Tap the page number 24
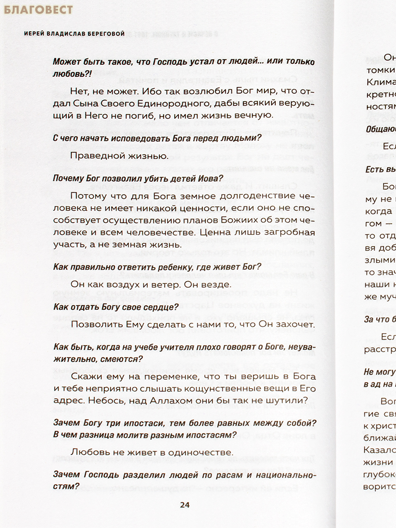pos(185,505)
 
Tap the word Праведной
pos(95,156)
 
